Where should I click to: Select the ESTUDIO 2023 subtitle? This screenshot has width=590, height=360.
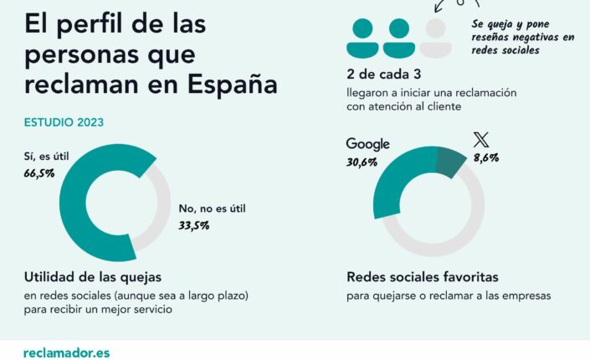(64, 123)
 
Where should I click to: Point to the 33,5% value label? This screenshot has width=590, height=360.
(194, 225)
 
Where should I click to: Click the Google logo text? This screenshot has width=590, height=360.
(367, 144)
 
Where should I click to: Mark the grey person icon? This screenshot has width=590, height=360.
(434, 38)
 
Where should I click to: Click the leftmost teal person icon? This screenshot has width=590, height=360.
(362, 38)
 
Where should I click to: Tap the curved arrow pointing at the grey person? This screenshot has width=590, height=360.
(444, 7)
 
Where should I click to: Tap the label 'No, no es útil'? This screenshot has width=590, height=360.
(213, 208)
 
